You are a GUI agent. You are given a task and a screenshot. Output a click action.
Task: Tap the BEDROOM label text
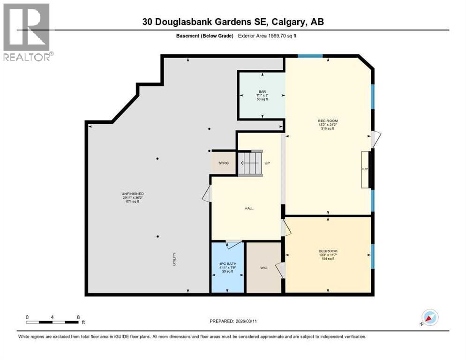pyautogui.click(x=328, y=251)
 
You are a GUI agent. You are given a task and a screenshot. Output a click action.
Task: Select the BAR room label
pyautogui.click(x=262, y=92)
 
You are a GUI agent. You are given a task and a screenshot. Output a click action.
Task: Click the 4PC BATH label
pyautogui.click(x=228, y=264)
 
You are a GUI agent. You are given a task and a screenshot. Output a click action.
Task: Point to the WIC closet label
pyautogui.click(x=264, y=268)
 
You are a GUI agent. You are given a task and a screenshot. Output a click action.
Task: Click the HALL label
pyautogui.click(x=248, y=208)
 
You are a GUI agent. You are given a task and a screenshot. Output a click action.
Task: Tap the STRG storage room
pyautogui.click(x=223, y=163)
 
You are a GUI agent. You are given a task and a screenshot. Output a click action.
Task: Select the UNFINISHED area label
pyautogui.click(x=133, y=194)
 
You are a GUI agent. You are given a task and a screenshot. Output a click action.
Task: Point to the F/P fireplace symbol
pyautogui.click(x=365, y=170)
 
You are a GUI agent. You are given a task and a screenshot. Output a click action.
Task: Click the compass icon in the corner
pyautogui.click(x=429, y=317)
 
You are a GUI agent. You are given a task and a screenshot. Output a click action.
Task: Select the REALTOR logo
pyautogui.click(x=27, y=32)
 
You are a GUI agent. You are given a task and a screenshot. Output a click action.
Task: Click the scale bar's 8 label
pyautogui.click(x=78, y=317)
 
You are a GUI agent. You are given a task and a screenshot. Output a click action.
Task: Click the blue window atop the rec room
pyautogui.click(x=310, y=56)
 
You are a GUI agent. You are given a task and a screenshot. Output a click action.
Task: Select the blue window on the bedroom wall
pyautogui.click(x=373, y=256)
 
